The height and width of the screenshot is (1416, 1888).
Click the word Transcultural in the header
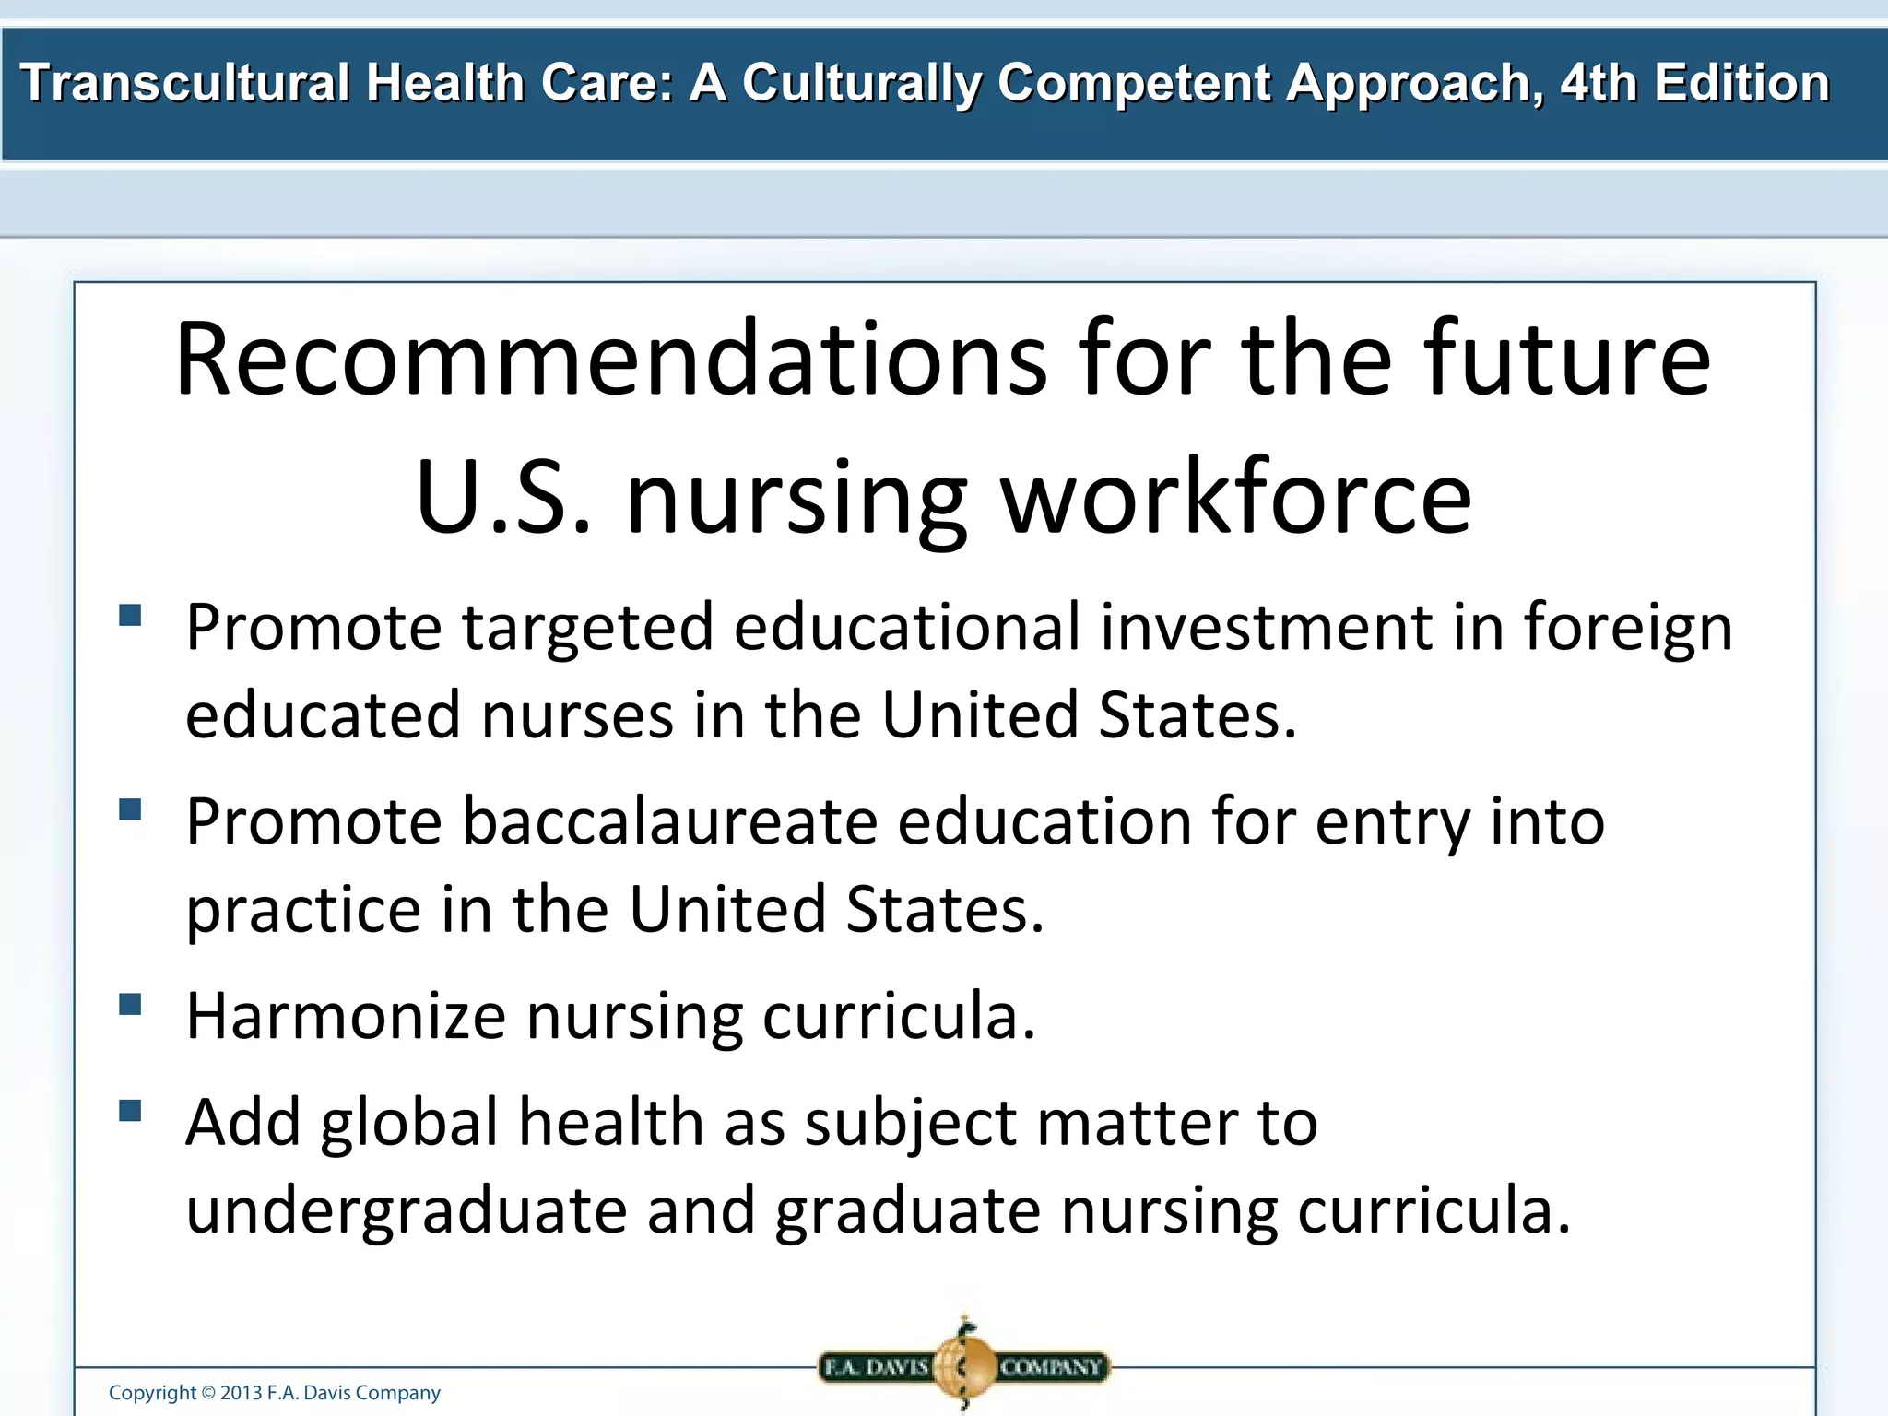(184, 83)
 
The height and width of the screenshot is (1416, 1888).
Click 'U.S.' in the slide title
(502, 498)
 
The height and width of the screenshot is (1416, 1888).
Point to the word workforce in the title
(1235, 498)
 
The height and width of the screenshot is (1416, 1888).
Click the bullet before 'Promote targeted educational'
(130, 615)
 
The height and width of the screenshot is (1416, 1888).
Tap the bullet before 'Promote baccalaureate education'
(130, 809)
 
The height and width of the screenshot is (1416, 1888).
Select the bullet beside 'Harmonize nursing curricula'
(130, 1004)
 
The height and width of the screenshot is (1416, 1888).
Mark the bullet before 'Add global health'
(130, 1110)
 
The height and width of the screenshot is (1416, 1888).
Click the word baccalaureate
(669, 821)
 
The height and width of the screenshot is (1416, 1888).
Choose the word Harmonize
(346, 1016)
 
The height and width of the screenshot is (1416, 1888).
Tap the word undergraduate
(407, 1211)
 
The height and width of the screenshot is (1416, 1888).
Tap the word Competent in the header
(1133, 83)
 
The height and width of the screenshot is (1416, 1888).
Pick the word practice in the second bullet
(303, 911)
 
